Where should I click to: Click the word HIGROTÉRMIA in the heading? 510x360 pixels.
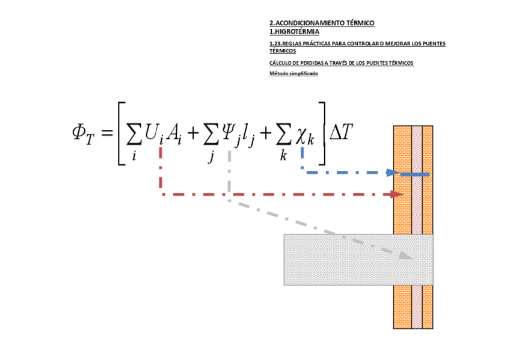(x=296, y=32)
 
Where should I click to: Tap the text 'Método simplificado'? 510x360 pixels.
(x=293, y=73)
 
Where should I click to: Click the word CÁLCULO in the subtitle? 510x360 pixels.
(x=280, y=63)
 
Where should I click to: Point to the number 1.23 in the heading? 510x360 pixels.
(x=275, y=44)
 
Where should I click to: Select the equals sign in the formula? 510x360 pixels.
(x=106, y=132)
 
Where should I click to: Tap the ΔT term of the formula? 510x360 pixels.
(x=340, y=132)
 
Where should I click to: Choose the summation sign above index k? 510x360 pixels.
(x=283, y=136)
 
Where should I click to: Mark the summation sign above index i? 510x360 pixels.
(x=134, y=136)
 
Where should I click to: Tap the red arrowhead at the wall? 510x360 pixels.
(x=397, y=194)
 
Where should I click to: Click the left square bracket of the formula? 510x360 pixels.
(x=121, y=133)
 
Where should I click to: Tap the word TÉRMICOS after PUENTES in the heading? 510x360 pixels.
(x=283, y=51)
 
